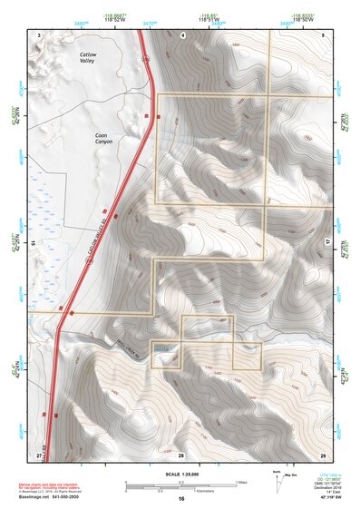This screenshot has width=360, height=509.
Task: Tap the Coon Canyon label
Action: (107, 140)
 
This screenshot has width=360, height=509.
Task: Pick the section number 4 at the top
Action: (182, 34)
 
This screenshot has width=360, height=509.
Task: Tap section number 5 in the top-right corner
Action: (323, 34)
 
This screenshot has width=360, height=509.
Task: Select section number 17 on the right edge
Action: (327, 243)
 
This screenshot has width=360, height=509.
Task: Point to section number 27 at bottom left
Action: (39, 452)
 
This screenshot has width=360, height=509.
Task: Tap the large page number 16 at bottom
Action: (181, 499)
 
